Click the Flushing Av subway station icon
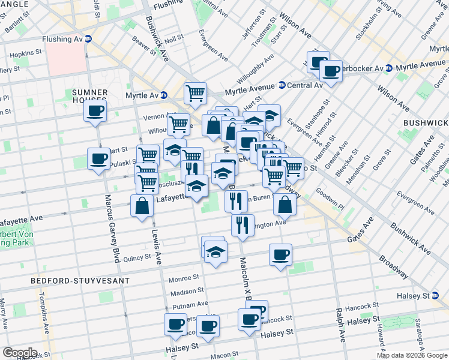point(88,40)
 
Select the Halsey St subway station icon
point(434,296)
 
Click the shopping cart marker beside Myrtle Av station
point(195,93)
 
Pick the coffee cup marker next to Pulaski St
point(98,159)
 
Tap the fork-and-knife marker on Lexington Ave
point(241,225)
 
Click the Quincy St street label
point(136,259)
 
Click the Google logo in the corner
point(20,353)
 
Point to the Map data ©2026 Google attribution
point(412,355)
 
